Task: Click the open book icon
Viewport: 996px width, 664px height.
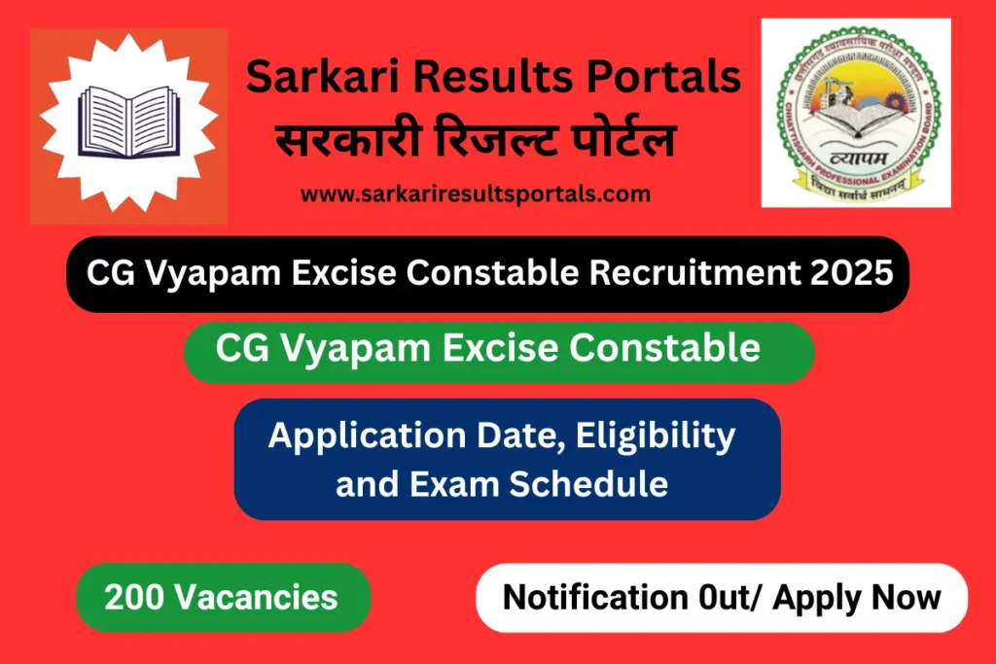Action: (128, 125)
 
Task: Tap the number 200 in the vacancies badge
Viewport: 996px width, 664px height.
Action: (132, 596)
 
